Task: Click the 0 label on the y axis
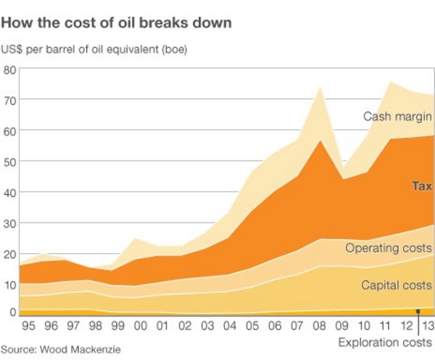pyautogui.click(x=12, y=312)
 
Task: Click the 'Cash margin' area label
pyautogui.click(x=397, y=116)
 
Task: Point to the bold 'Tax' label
pyautogui.click(x=422, y=186)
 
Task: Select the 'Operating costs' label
pyautogui.click(x=388, y=248)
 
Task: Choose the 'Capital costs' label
pyautogui.click(x=396, y=285)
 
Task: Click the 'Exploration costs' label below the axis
pyautogui.click(x=385, y=343)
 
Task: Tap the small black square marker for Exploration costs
pyautogui.click(x=418, y=312)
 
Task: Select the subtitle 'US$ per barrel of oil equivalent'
pyautogui.click(x=94, y=50)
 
